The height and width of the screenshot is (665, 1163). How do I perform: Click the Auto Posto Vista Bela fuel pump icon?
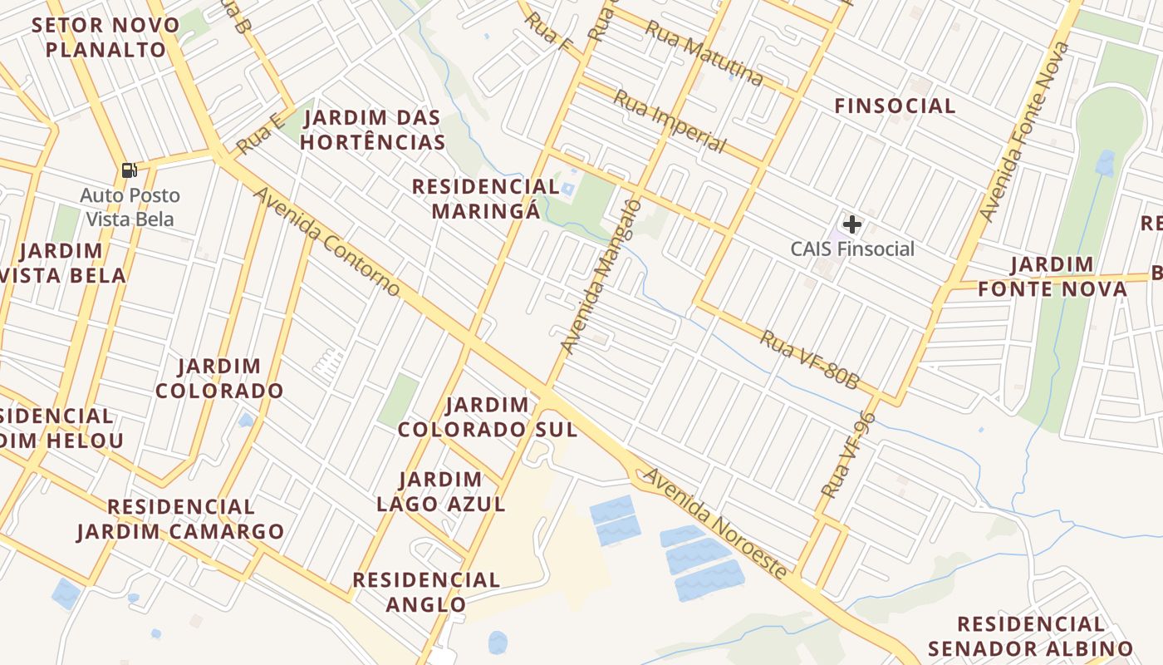pyautogui.click(x=129, y=170)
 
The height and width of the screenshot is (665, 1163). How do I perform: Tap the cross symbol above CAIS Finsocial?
pyautogui.click(x=852, y=224)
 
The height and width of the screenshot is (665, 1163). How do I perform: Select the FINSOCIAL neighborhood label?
pyautogui.click(x=895, y=106)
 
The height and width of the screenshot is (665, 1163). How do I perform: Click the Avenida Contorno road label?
pyautogui.click(x=327, y=241)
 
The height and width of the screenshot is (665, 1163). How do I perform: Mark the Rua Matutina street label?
pyautogui.click(x=704, y=54)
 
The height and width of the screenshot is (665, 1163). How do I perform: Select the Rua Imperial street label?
pyautogui.click(x=670, y=121)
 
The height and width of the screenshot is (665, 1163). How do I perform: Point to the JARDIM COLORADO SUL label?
pyautogui.click(x=488, y=417)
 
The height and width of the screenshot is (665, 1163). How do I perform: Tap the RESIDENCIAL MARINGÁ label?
pyautogui.click(x=486, y=198)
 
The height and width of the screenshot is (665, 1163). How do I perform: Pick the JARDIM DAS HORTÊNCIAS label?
pyautogui.click(x=372, y=130)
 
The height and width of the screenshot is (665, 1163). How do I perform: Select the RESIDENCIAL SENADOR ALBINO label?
pyautogui.click(x=1031, y=636)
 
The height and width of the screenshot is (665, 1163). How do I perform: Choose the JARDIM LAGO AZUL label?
pyautogui.click(x=440, y=491)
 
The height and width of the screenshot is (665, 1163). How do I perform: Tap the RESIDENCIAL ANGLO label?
pyautogui.click(x=426, y=591)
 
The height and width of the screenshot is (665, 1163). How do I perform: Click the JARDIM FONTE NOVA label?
pyautogui.click(x=1053, y=277)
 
